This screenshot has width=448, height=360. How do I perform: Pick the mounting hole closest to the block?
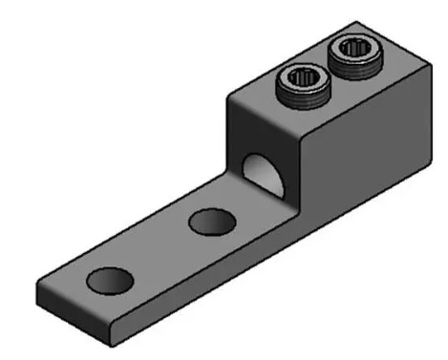tap(212, 222)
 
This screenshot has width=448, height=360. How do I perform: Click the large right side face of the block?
tap(358, 153)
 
